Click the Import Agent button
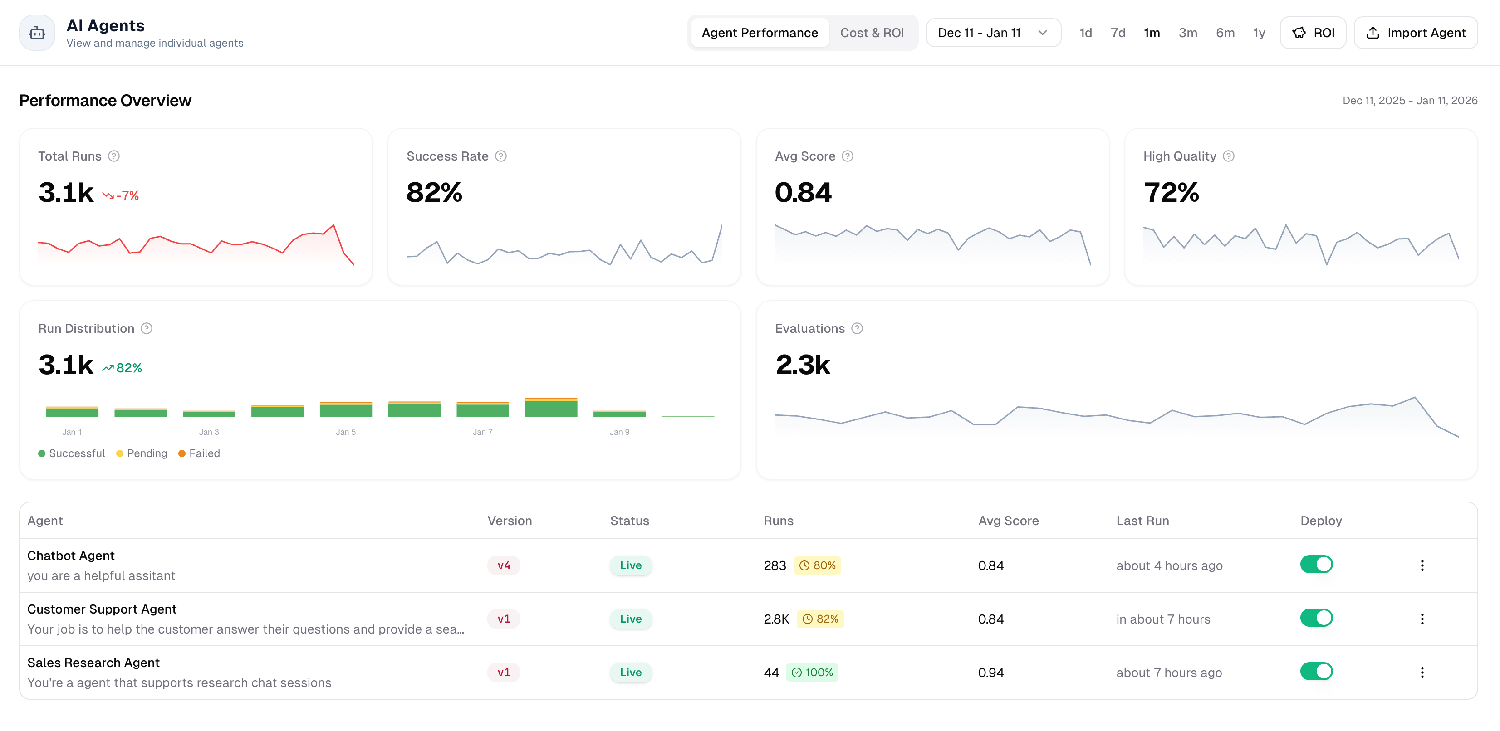pyautogui.click(x=1416, y=33)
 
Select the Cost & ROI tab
pyautogui.click(x=872, y=33)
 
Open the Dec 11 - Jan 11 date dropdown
pyautogui.click(x=993, y=33)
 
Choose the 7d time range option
pyautogui.click(x=1118, y=33)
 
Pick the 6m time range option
pyautogui.click(x=1225, y=33)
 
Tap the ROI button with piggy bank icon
pyautogui.click(x=1313, y=33)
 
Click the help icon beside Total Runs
pyautogui.click(x=114, y=156)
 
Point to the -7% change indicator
pyautogui.click(x=121, y=195)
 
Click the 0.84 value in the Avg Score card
pyautogui.click(x=803, y=192)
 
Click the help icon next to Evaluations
pyautogui.click(x=857, y=328)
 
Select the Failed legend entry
pyautogui.click(x=199, y=453)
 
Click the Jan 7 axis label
pyautogui.click(x=482, y=432)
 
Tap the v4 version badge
pyautogui.click(x=504, y=565)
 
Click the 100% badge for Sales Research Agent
pyautogui.click(x=812, y=672)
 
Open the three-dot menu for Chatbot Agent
pyautogui.click(x=1422, y=565)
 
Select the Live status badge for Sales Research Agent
pyautogui.click(x=631, y=672)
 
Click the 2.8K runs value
pyautogui.click(x=776, y=619)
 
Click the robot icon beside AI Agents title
pyautogui.click(x=37, y=33)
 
